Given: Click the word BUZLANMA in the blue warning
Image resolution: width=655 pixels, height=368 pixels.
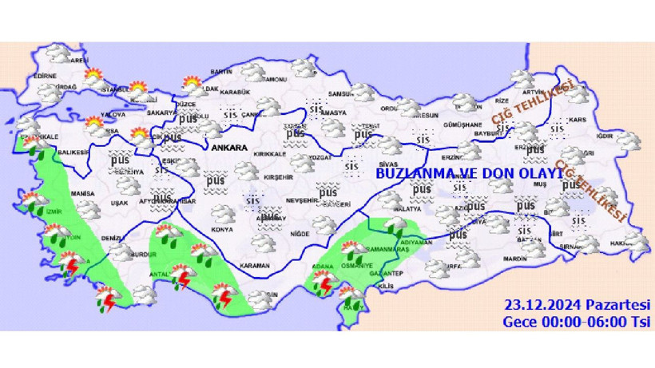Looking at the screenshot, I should point(410,173).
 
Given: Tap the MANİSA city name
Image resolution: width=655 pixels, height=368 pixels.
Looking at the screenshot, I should point(82,193).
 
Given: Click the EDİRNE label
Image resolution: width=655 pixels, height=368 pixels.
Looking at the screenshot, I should point(46,77).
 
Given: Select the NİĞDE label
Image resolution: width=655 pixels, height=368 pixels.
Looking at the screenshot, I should point(300,233).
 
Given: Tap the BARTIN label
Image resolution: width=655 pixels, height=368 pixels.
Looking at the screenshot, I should point(220,72).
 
